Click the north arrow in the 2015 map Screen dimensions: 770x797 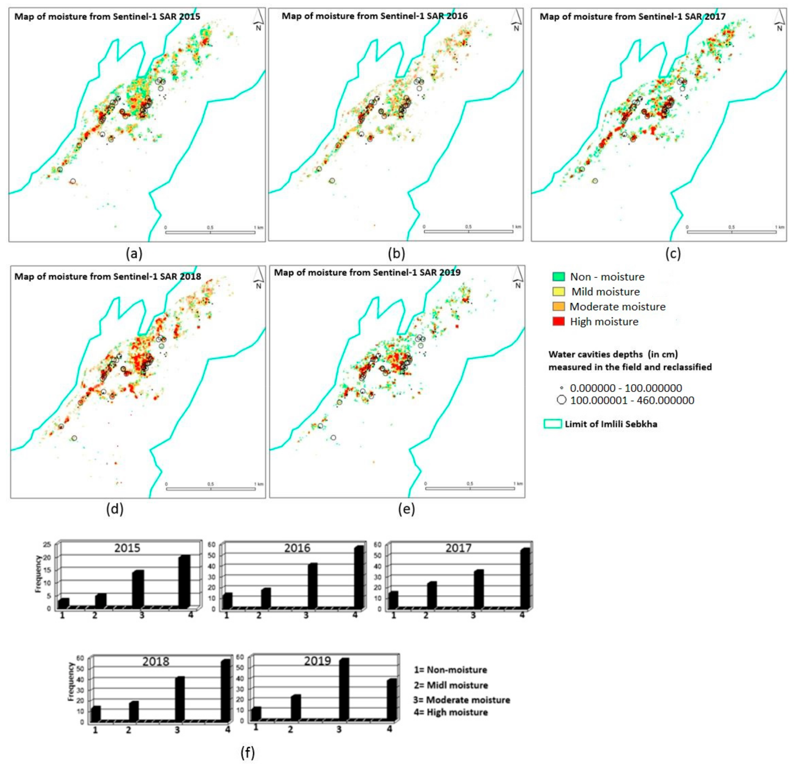(x=258, y=20)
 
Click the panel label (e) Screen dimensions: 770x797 (x=406, y=509)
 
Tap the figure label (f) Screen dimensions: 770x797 (x=248, y=753)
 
